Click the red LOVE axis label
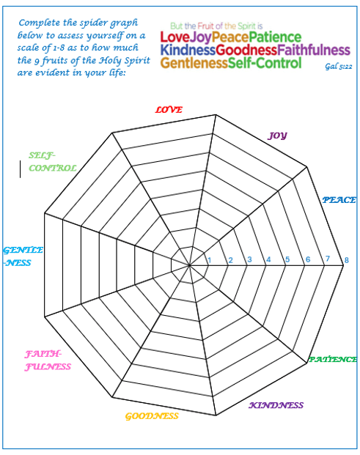pyautogui.click(x=169, y=110)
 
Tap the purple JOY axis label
pyautogui.click(x=277, y=136)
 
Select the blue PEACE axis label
pyautogui.click(x=339, y=200)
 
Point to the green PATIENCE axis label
pyautogui.click(x=333, y=360)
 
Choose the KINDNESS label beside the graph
pyautogui.click(x=276, y=405)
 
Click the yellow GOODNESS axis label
pyautogui.click(x=152, y=416)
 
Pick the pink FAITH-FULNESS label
pyautogui.click(x=48, y=360)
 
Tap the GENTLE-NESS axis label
pyautogui.click(x=23, y=256)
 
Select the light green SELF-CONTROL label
pyautogui.click(x=53, y=162)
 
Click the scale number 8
pyautogui.click(x=346, y=260)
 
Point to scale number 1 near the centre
pyautogui.click(x=209, y=260)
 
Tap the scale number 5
pyautogui.click(x=287, y=259)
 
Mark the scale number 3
pyautogui.click(x=249, y=259)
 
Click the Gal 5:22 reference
pyautogui.click(x=339, y=67)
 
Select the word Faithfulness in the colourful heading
pyautogui.click(x=314, y=50)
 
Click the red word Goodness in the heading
pyautogui.click(x=246, y=50)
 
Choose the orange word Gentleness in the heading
pyautogui.click(x=194, y=63)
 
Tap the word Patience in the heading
pyautogui.click(x=275, y=37)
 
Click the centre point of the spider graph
pyautogui.click(x=189, y=265)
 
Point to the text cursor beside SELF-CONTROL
pyautogui.click(x=20, y=169)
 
